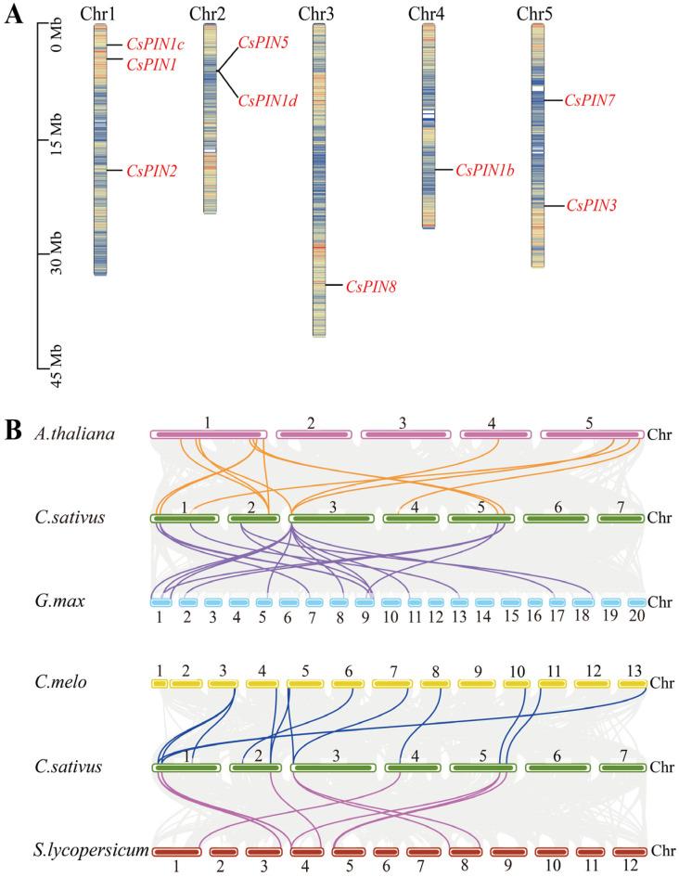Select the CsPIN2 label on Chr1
point(151,171)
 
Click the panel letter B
point(12,431)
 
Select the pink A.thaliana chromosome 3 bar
point(403,434)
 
